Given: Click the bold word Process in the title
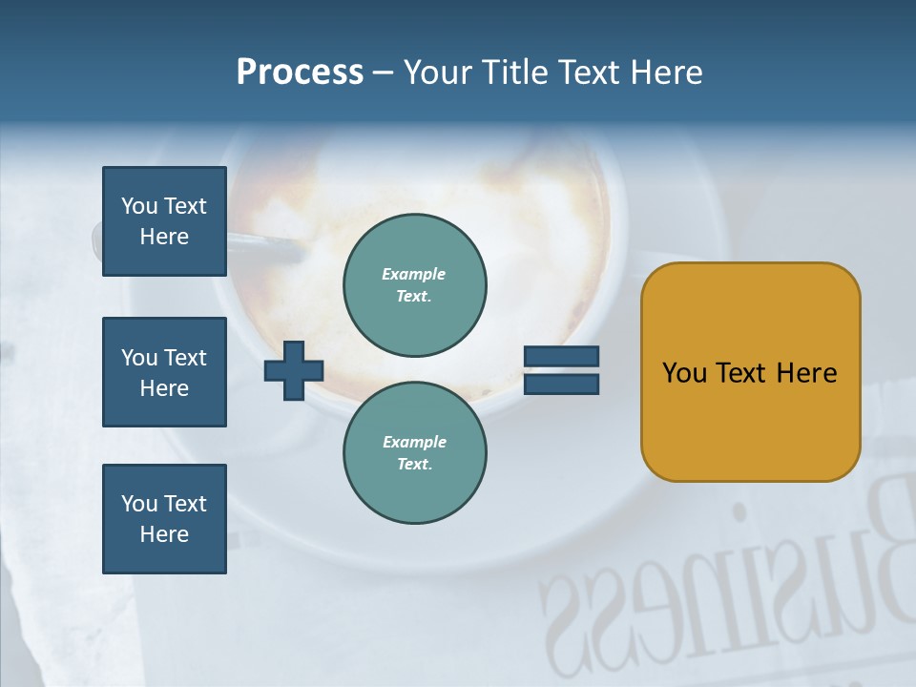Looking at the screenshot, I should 300,73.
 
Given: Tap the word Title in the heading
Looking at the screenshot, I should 515,73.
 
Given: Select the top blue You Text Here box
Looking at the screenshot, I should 164,221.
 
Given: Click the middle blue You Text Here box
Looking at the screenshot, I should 164,372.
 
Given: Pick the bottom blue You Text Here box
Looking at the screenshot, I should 164,519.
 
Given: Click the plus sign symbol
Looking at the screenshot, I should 294,370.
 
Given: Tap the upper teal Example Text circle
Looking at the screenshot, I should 414,285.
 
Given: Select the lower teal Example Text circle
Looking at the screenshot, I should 414,453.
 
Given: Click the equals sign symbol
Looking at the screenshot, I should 561,370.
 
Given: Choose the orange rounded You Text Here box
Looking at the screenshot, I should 750,372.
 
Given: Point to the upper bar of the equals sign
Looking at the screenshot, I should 561,357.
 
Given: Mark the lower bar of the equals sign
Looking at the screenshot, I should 561,384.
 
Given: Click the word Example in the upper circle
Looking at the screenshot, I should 414,274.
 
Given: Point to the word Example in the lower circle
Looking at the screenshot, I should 414,442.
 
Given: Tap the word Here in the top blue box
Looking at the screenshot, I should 164,237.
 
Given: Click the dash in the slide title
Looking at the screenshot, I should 383,73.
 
